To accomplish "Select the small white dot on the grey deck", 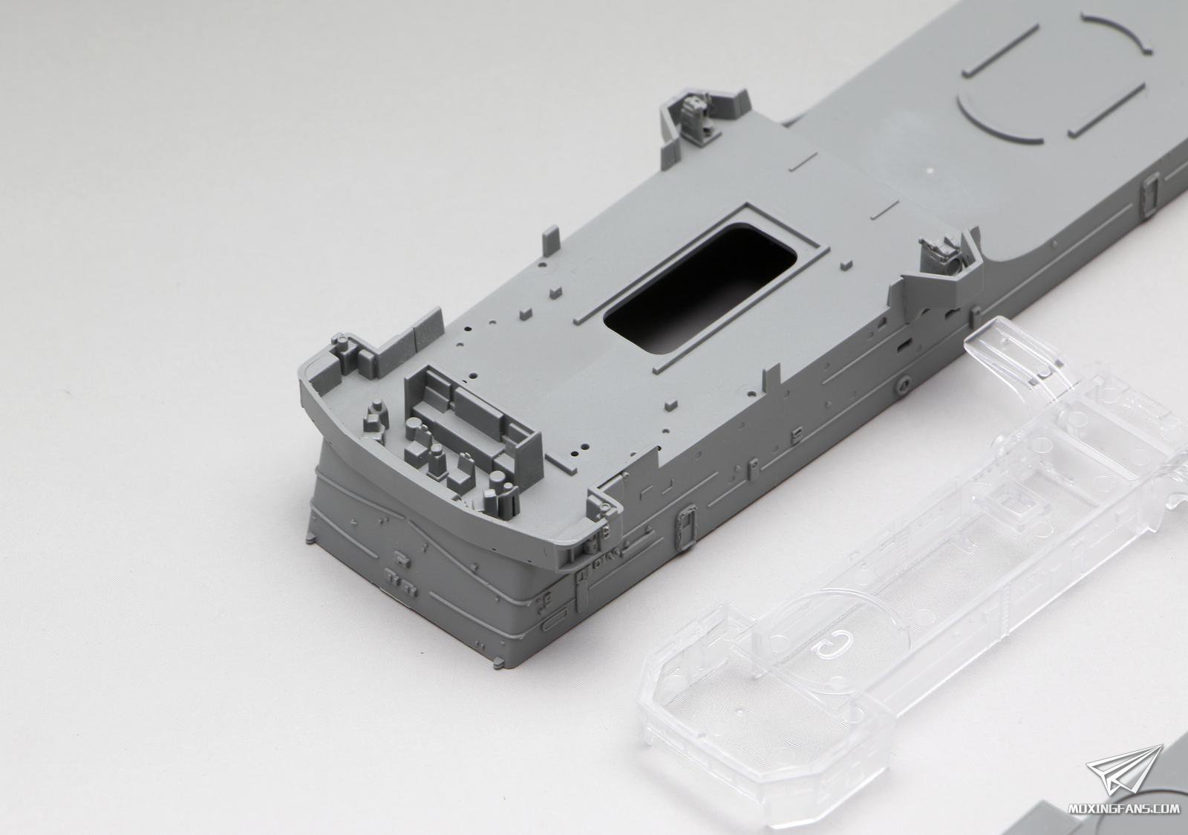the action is (931, 171).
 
